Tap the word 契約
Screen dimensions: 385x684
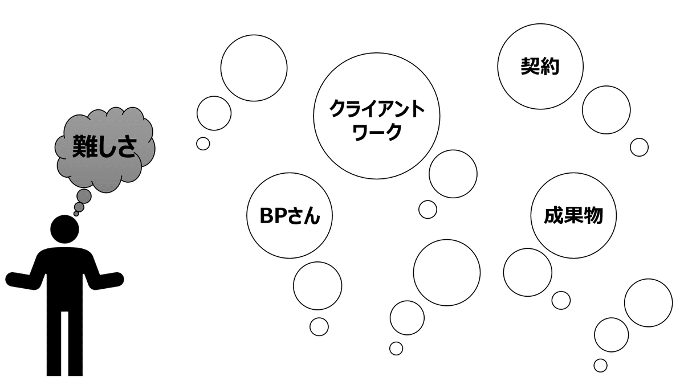pyautogui.click(x=540, y=67)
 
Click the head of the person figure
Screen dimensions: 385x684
pyautogui.click(x=65, y=229)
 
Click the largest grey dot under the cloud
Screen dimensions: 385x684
pyautogui.click(x=84, y=196)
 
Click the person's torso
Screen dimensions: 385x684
pyautogui.click(x=64, y=279)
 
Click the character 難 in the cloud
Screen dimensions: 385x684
pyautogui.click(x=83, y=147)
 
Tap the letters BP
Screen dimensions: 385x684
pyautogui.click(x=270, y=216)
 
